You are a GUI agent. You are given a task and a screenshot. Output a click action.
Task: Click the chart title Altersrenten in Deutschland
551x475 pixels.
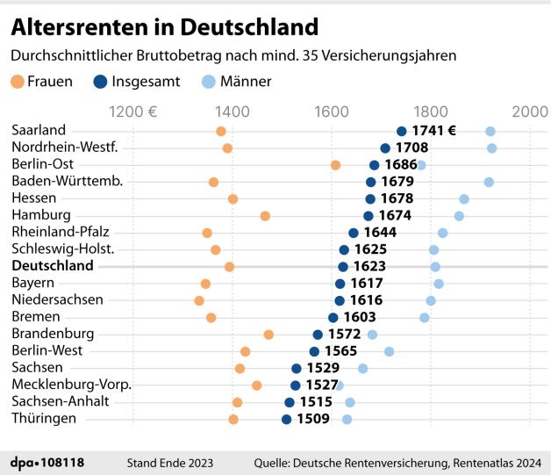coord(164,27)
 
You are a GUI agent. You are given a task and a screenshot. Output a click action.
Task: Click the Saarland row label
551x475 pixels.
coord(38,131)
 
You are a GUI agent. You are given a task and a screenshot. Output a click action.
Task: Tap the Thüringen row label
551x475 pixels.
coord(43,419)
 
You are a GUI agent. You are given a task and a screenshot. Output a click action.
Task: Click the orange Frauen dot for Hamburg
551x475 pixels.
coord(265,216)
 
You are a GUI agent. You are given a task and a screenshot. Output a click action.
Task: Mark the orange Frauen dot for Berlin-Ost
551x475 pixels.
coord(335,165)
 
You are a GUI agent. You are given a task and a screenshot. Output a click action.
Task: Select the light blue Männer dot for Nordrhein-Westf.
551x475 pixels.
coord(491,148)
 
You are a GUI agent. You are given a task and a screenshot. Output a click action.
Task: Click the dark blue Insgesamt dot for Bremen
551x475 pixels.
coord(333,318)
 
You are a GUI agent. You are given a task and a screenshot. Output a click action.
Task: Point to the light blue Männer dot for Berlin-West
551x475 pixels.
coord(389,351)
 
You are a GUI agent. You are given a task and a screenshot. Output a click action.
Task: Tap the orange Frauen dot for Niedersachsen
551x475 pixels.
coord(199,300)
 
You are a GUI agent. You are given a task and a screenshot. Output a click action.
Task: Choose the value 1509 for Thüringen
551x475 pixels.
coord(312,419)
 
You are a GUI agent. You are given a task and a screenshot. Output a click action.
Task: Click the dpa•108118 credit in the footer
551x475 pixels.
coord(47,462)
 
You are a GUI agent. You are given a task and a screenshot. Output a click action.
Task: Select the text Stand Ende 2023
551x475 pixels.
coord(170,462)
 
